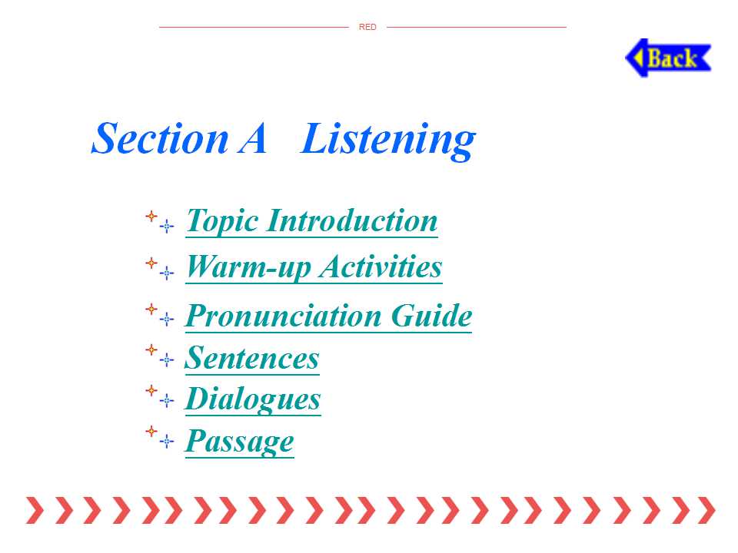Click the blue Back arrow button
[x=668, y=58]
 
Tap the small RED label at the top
[x=367, y=28]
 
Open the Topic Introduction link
[x=311, y=221]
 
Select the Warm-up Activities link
[x=314, y=267]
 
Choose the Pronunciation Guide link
[x=328, y=316]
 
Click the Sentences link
[x=252, y=359]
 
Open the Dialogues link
[x=253, y=399]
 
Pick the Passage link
[x=239, y=441]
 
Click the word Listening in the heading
[x=387, y=140]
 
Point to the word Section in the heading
[x=160, y=139]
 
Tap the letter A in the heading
[x=253, y=138]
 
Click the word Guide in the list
[x=431, y=316]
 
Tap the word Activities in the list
[x=381, y=267]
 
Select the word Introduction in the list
[x=352, y=220]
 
